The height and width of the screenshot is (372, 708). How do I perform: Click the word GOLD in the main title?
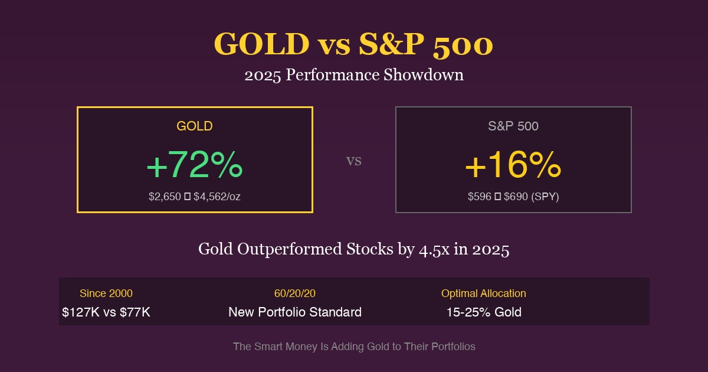coord(261,44)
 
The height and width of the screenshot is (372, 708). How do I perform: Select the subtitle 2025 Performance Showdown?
coord(354,76)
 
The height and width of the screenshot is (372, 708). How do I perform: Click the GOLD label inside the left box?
coord(195,126)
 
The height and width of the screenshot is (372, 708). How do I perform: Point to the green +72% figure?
coord(195,165)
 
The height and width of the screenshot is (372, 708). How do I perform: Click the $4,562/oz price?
coord(217,197)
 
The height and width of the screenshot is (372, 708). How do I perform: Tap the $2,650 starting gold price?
coord(165,197)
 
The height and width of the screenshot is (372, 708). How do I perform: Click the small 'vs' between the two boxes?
coord(353,161)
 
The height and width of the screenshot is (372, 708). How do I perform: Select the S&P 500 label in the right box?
coord(513,126)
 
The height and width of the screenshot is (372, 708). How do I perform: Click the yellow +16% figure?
coord(513,165)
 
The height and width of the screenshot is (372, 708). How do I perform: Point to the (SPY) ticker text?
coord(545,197)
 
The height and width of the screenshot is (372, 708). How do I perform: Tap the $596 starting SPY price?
coord(479,197)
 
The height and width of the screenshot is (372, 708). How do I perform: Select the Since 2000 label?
coord(106,293)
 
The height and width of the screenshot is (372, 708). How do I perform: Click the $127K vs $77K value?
coord(106,312)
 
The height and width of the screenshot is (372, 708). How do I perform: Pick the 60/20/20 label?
coord(295,293)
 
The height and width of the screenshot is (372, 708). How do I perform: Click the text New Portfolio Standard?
coord(295,312)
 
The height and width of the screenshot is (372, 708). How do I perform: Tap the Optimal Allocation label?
coord(484,293)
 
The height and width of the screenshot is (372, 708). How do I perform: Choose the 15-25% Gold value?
coord(484,312)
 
